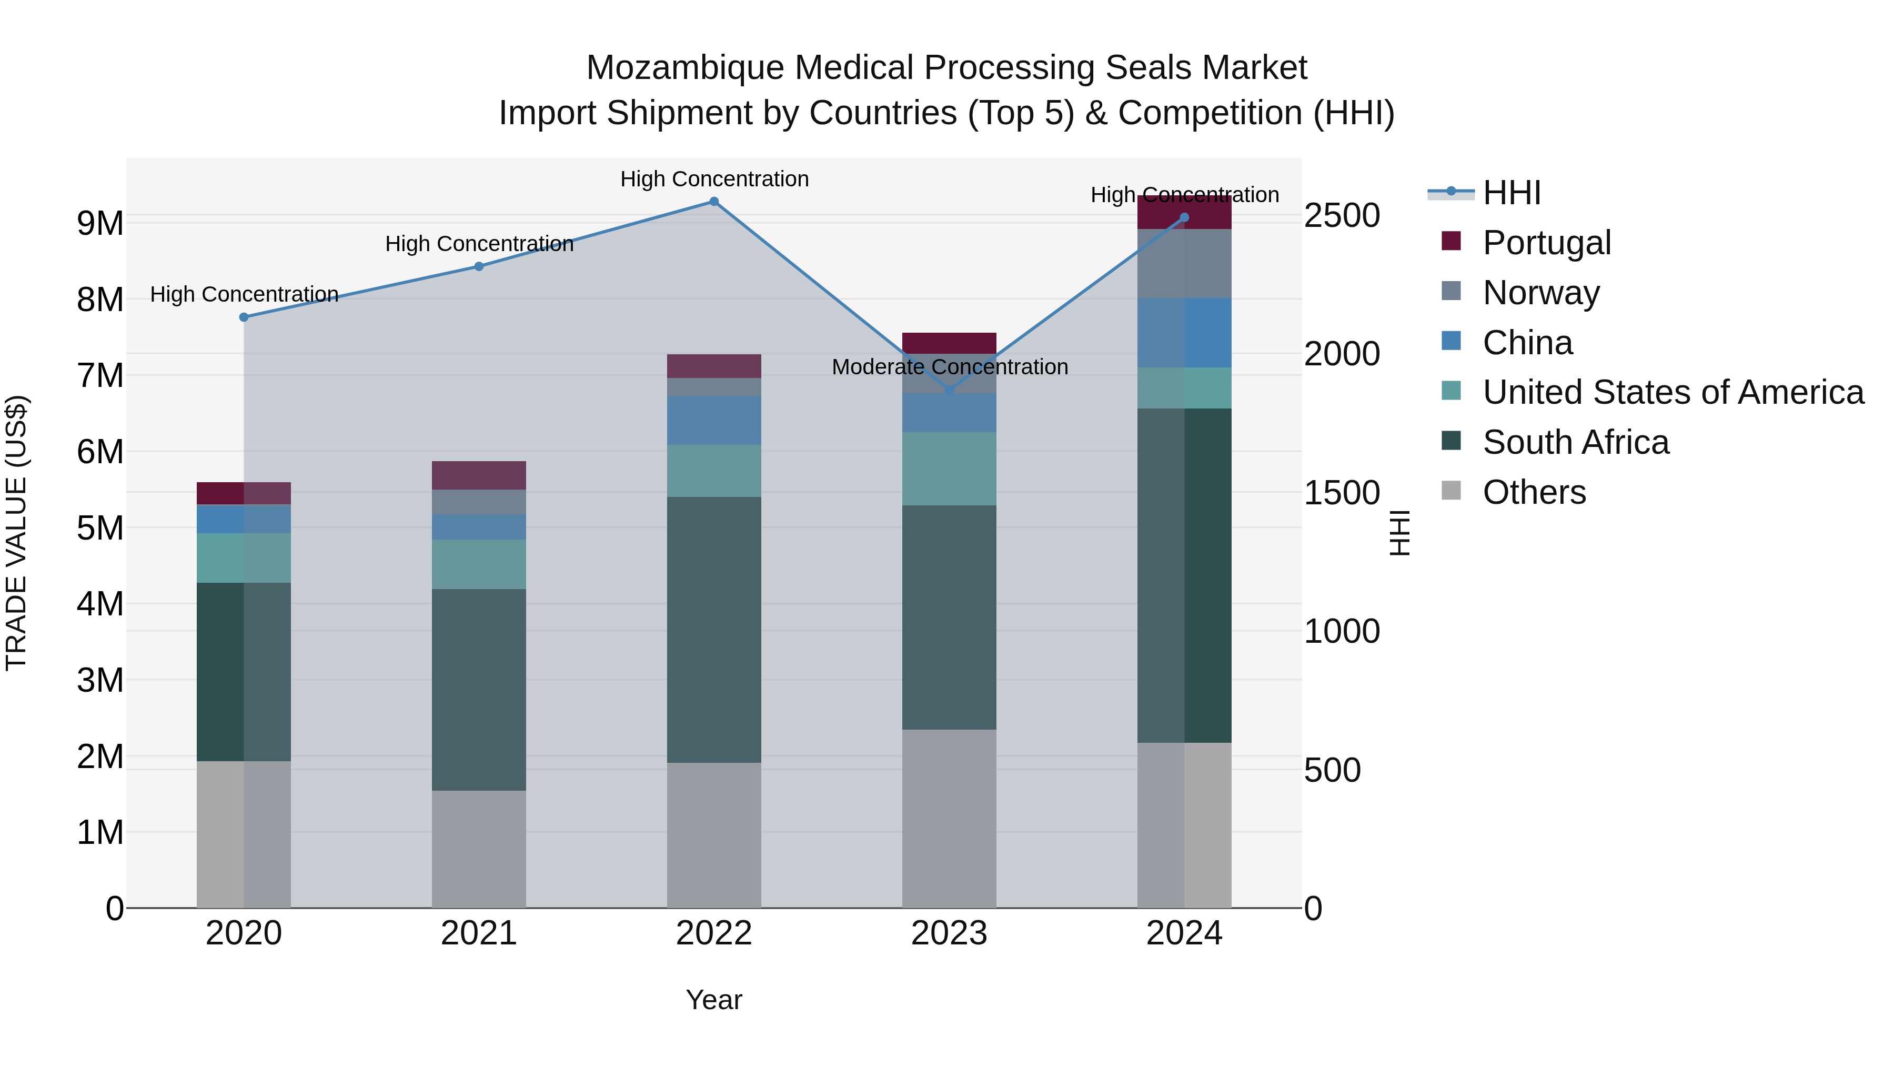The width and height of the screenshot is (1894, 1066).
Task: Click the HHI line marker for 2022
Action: click(x=713, y=202)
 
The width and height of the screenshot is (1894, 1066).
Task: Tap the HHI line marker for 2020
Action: click(x=244, y=317)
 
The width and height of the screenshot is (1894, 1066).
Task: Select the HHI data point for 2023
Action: click(x=949, y=390)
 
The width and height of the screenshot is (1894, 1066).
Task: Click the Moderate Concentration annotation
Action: click(x=949, y=366)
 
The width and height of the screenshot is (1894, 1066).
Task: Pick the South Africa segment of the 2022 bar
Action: click(x=713, y=629)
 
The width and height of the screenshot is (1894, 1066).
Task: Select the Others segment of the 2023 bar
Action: click(x=949, y=818)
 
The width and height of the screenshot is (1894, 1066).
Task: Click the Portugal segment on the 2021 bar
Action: click(x=479, y=475)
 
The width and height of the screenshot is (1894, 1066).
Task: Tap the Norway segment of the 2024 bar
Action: click(x=1184, y=263)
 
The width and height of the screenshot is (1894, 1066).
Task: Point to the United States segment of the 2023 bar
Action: click(x=949, y=469)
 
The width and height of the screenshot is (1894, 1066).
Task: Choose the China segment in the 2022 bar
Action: click(x=713, y=420)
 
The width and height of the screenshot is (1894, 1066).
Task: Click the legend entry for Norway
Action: click(x=1540, y=293)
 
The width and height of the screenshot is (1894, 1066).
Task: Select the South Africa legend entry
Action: click(x=1575, y=442)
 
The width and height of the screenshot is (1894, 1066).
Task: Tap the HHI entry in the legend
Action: click(x=1511, y=193)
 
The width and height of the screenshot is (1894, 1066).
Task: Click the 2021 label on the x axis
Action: click(x=479, y=933)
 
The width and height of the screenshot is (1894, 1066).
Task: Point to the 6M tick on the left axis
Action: click(x=100, y=452)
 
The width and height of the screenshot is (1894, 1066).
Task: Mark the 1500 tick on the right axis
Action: click(x=1341, y=493)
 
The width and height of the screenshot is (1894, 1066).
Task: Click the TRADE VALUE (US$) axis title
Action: click(x=16, y=533)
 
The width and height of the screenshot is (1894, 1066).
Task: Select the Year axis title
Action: click(x=713, y=1000)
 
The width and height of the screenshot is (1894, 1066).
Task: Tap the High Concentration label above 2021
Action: click(x=479, y=244)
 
